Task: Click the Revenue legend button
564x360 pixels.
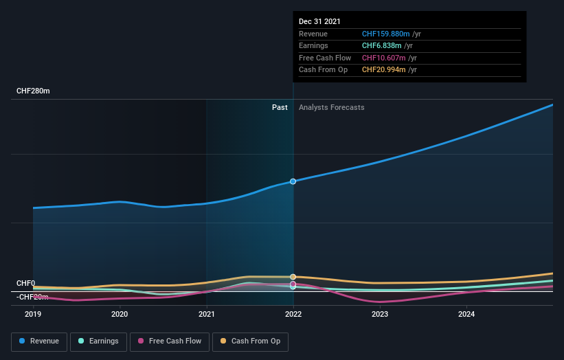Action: pyautogui.click(x=39, y=341)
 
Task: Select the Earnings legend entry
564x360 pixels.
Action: pyautogui.click(x=99, y=341)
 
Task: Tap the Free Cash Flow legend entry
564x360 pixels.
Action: pyautogui.click(x=169, y=341)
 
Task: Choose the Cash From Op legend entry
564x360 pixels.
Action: pyautogui.click(x=251, y=341)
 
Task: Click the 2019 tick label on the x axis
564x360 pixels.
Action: pyautogui.click(x=33, y=315)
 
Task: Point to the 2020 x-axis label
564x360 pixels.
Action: pyautogui.click(x=120, y=315)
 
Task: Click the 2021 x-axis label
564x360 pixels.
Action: pyautogui.click(x=206, y=315)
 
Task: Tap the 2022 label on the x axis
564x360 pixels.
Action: pyautogui.click(x=293, y=315)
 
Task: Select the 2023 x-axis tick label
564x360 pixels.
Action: pyautogui.click(x=380, y=315)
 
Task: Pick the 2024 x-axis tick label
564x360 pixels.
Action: pyautogui.click(x=466, y=315)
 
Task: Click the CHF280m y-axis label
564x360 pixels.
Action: pyautogui.click(x=33, y=91)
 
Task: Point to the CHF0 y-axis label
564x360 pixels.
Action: pyautogui.click(x=25, y=283)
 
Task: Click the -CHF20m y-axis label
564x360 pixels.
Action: pyautogui.click(x=32, y=297)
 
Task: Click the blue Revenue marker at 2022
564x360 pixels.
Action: pyautogui.click(x=293, y=181)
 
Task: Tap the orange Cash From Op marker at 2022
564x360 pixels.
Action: pyautogui.click(x=293, y=277)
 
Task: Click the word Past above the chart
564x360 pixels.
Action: pyautogui.click(x=280, y=107)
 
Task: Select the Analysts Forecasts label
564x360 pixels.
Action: pyautogui.click(x=331, y=107)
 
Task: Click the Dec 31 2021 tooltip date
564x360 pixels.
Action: pyautogui.click(x=319, y=22)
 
